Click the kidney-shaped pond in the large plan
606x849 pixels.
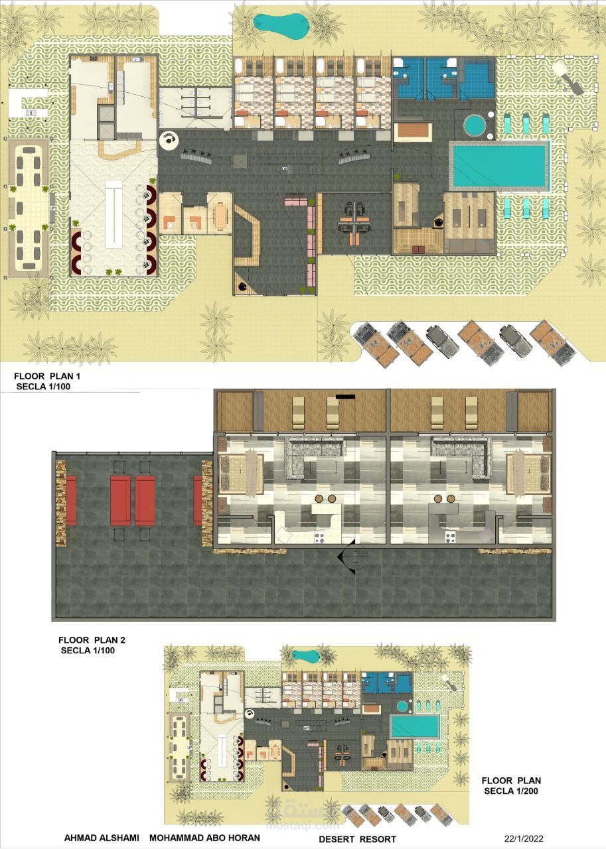coord(281,25)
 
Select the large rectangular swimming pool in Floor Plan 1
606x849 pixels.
coord(499,165)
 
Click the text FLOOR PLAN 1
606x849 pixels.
coord(47,376)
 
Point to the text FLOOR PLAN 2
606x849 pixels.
coord(92,640)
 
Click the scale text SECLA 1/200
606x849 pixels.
coord(511,791)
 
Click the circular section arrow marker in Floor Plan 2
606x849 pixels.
coord(353,556)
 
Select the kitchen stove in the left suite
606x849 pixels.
coord(319,537)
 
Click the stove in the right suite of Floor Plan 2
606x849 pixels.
coord(450,537)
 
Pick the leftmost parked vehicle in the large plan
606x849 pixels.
coord(376,344)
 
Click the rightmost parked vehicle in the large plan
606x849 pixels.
coord(553,343)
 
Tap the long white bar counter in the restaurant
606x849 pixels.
coord(114,214)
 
